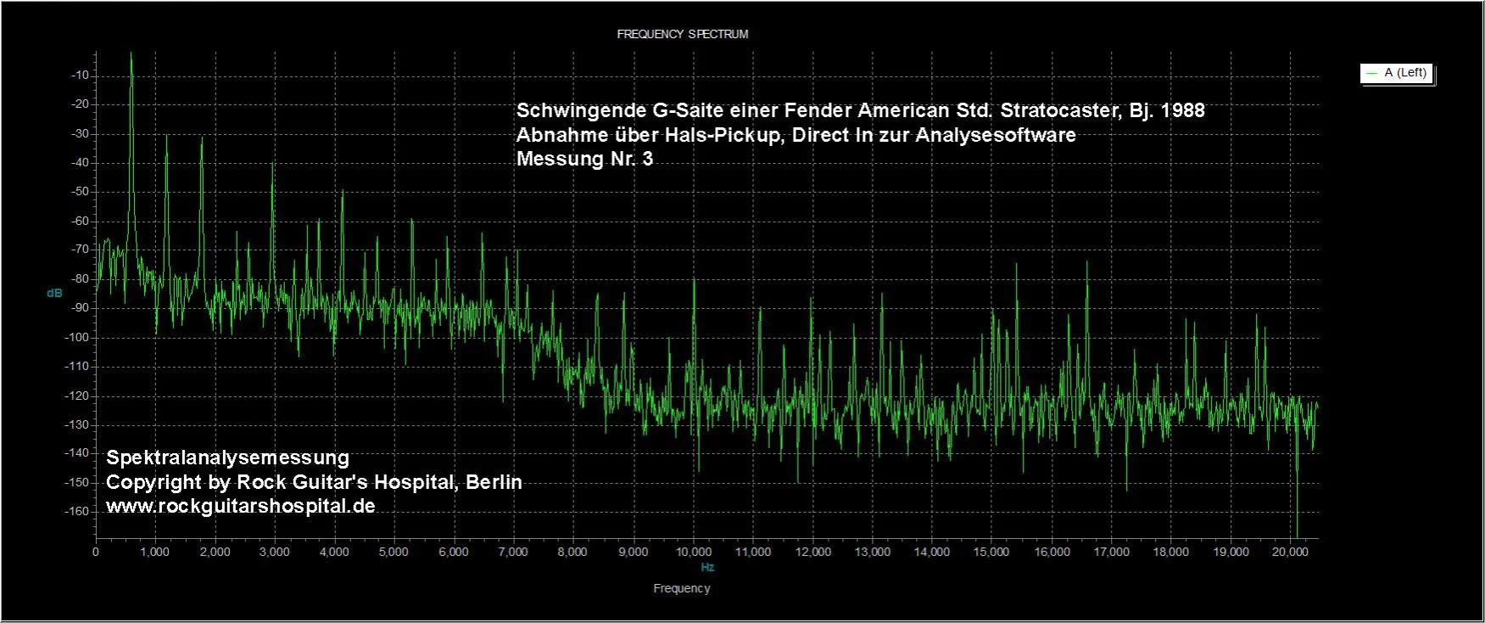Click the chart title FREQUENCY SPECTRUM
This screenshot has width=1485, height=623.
682,34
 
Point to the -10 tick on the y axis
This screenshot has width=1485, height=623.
81,76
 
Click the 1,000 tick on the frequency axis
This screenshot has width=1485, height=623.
155,552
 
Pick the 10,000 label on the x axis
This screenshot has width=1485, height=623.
693,552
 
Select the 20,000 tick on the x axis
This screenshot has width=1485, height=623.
1290,552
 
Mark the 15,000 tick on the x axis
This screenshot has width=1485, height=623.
991,552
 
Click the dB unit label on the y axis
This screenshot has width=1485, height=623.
54,293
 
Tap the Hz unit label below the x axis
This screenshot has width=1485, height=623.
707,567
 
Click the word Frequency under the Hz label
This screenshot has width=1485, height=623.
682,588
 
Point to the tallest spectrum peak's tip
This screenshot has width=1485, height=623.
131,53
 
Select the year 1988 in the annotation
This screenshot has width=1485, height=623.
1181,110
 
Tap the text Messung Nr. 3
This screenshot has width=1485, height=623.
584,159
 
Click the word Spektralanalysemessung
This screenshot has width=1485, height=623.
227,457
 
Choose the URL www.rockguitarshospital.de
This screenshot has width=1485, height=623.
240,506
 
